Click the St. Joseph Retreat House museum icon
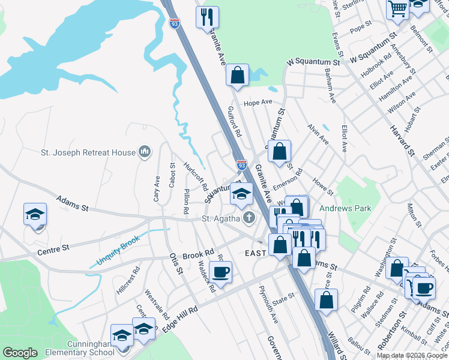click(144, 152)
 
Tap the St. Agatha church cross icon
click(247, 218)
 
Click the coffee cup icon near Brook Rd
click(220, 272)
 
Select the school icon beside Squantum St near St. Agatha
click(241, 193)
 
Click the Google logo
click(20, 353)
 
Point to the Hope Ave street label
click(258, 103)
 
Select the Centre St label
click(53, 247)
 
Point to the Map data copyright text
click(411, 355)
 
